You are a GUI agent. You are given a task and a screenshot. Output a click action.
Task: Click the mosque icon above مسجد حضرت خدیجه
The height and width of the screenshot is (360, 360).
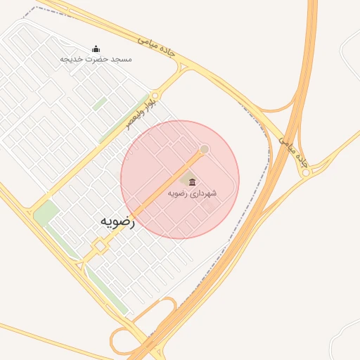coord(96,49)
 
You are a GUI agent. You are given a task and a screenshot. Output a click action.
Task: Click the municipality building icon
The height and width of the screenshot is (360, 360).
coord(192,183)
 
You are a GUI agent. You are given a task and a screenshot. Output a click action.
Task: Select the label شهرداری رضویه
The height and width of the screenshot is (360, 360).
coord(192,193)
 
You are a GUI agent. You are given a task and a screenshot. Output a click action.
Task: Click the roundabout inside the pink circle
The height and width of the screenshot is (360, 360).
coord(205,149)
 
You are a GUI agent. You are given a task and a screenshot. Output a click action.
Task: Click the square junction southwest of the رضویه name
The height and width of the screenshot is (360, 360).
coord(101,246)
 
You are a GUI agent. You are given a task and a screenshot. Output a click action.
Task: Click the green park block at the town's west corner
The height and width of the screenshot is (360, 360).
coord(46,213)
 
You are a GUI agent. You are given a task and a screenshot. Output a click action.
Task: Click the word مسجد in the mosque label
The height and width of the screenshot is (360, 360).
coord(120,59)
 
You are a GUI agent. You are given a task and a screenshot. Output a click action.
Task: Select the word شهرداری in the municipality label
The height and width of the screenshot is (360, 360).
coord(203,193)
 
